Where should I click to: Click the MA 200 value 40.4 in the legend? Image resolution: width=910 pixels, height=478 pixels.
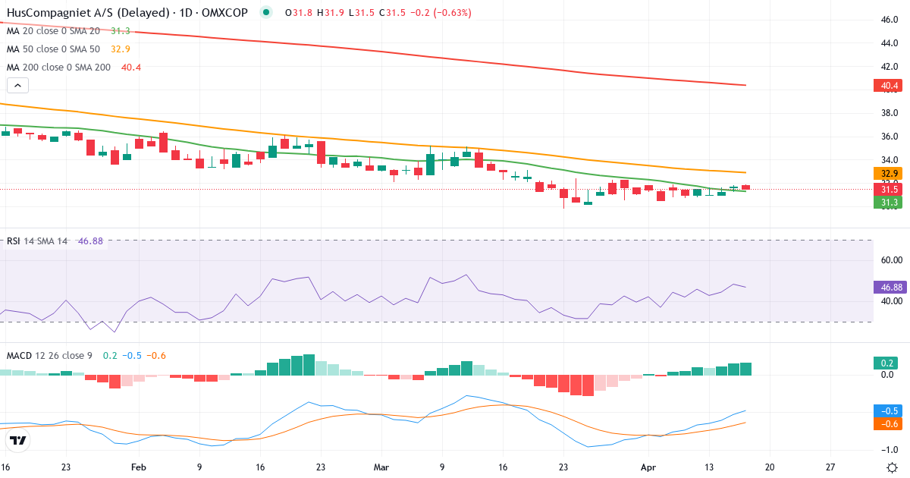131,68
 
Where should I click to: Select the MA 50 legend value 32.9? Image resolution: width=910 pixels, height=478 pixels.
121,49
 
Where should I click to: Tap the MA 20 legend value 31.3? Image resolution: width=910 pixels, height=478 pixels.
120,31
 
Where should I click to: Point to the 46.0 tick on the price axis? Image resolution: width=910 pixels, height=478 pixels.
890,20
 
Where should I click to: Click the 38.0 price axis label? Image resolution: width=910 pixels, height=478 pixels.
890,113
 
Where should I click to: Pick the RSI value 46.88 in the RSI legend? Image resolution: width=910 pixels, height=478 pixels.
90,241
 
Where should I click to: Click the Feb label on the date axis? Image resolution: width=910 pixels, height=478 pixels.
137,467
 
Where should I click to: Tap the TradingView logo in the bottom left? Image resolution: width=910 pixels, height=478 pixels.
18,440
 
